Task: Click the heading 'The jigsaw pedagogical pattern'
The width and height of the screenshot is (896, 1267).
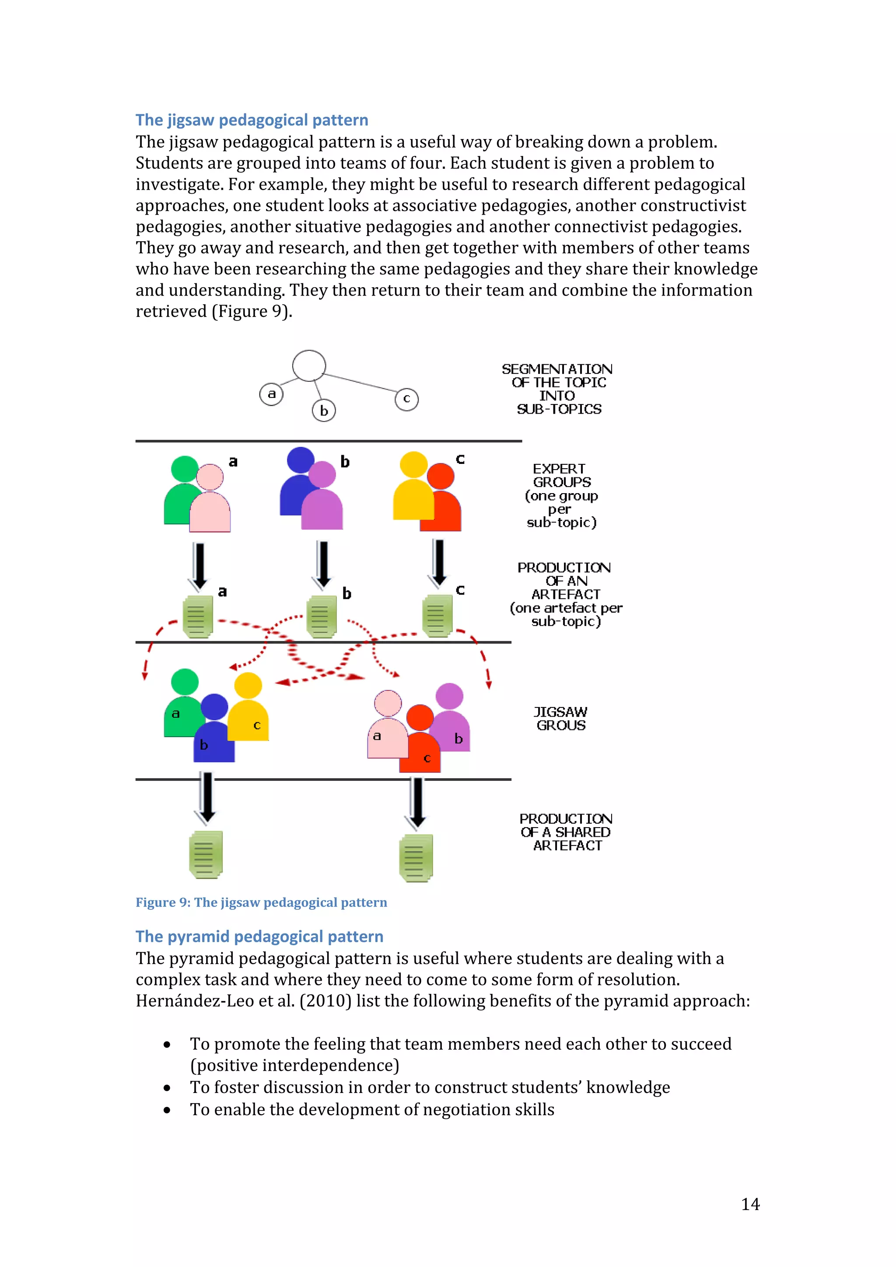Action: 252,120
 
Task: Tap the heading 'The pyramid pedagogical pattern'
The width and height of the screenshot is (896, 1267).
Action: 259,936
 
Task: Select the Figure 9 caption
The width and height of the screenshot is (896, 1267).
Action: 261,902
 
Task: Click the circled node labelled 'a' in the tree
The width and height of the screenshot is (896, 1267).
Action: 271,394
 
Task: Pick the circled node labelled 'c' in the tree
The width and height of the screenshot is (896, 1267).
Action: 406,399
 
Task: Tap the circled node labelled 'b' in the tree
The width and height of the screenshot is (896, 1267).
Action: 324,411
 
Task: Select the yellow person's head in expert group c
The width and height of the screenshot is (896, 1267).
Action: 413,465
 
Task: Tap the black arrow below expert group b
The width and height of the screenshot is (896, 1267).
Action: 323,564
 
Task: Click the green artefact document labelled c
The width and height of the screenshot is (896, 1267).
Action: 437,616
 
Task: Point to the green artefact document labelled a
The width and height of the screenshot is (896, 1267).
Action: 198,616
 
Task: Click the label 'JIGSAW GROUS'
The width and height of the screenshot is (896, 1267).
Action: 560,718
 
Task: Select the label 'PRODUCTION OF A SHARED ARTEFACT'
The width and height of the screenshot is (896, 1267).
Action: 566,832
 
